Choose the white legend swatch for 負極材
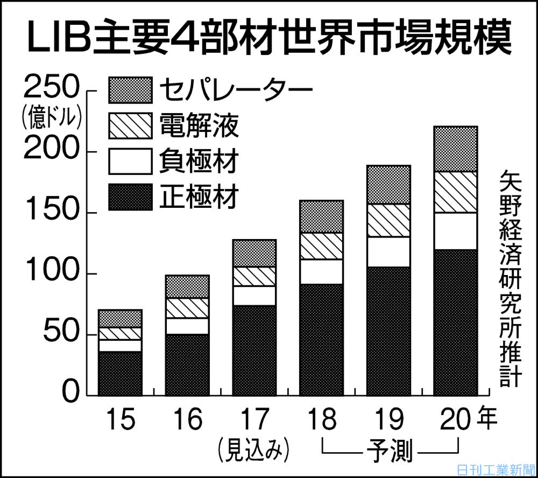[130, 161]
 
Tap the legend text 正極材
[199, 196]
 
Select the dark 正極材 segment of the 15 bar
[120, 373]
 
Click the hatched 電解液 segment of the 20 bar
[455, 192]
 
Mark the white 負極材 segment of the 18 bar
[321, 271]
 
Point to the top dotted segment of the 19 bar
[388, 185]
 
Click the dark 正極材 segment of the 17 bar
[254, 350]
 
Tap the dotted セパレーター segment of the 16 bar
[187, 286]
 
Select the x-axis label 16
[187, 419]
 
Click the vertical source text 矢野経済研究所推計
[508, 278]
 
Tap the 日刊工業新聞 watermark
[494, 469]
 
